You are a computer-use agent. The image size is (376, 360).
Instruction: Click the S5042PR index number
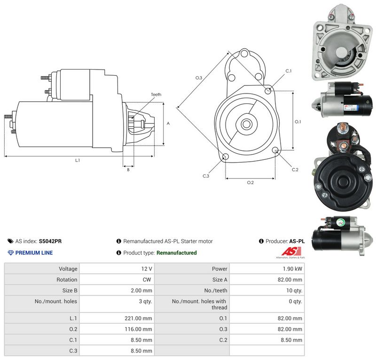(x=50, y=241)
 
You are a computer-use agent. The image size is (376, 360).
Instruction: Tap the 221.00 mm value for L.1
(x=138, y=318)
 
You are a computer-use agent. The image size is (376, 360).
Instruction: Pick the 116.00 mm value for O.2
(x=138, y=329)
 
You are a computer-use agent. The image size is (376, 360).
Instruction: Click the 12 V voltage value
(x=147, y=269)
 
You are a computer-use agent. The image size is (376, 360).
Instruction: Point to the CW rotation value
(x=147, y=280)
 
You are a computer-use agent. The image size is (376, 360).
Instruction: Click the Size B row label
(x=70, y=290)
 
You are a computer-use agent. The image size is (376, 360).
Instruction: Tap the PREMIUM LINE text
(x=34, y=253)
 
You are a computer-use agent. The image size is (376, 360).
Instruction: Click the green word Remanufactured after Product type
(x=177, y=253)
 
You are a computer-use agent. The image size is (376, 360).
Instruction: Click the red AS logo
(x=291, y=251)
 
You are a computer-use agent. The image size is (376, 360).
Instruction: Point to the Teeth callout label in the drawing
(x=156, y=94)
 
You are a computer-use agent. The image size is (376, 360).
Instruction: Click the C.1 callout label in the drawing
(x=289, y=71)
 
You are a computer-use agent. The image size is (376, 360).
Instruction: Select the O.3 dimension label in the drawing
(x=198, y=78)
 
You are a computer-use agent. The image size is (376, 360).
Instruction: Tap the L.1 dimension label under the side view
(x=78, y=160)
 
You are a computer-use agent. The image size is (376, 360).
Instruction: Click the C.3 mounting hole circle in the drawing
(x=226, y=157)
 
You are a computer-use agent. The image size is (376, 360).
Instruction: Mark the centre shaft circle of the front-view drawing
(x=246, y=124)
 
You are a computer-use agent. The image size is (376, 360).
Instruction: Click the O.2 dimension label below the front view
(x=251, y=183)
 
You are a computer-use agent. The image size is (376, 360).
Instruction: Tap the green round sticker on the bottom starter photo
(x=340, y=222)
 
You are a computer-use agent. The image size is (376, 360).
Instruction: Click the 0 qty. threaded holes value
(x=296, y=301)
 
